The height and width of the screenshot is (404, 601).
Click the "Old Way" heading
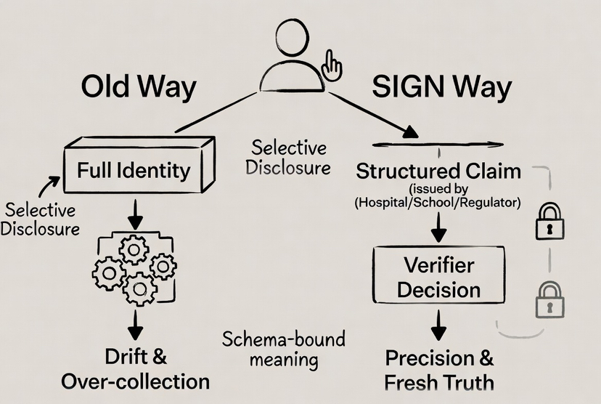(x=138, y=87)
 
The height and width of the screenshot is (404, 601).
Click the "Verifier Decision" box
(x=439, y=277)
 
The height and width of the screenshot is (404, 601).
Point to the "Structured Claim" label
(x=438, y=171)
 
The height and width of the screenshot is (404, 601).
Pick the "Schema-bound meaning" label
(x=284, y=350)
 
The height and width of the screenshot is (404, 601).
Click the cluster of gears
(x=134, y=269)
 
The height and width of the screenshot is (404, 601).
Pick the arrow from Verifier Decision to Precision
(x=438, y=324)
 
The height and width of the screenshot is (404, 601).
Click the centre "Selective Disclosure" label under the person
(x=287, y=158)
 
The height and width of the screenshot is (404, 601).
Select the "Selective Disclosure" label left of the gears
(x=41, y=219)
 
